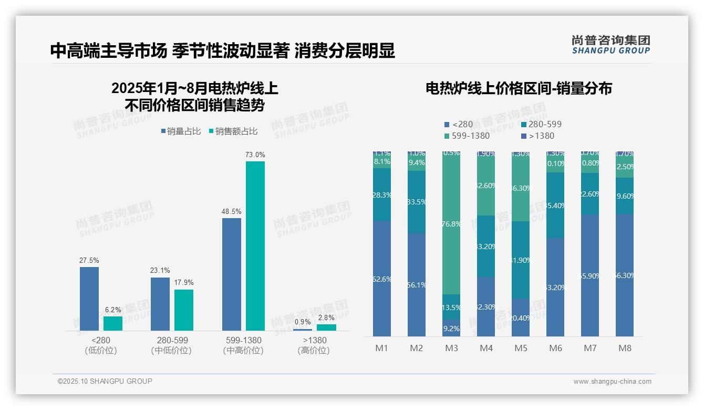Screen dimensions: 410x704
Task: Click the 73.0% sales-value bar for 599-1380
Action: (x=255, y=245)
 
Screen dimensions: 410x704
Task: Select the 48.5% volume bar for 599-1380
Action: (x=232, y=274)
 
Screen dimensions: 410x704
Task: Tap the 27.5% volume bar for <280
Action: (x=89, y=299)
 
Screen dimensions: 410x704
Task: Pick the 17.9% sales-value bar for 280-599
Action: (x=184, y=310)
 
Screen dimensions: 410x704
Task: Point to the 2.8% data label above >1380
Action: (x=326, y=317)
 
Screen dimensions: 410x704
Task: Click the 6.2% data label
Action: (x=113, y=310)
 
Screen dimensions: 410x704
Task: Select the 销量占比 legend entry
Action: (x=181, y=131)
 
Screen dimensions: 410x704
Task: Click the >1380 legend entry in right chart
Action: (x=539, y=136)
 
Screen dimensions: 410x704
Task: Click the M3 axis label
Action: (x=451, y=348)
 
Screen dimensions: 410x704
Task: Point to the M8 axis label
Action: (x=625, y=348)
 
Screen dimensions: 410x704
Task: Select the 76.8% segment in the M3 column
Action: (x=451, y=223)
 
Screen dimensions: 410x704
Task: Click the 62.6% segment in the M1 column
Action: (x=382, y=279)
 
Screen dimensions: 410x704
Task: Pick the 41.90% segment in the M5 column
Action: (x=521, y=260)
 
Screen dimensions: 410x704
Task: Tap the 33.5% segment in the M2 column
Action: (x=417, y=202)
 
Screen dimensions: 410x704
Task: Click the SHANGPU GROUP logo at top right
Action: (x=610, y=45)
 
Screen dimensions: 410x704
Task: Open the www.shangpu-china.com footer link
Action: (x=612, y=382)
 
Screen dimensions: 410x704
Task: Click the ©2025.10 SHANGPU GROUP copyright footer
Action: (x=105, y=381)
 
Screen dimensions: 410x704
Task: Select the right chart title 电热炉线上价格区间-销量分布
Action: (x=519, y=88)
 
